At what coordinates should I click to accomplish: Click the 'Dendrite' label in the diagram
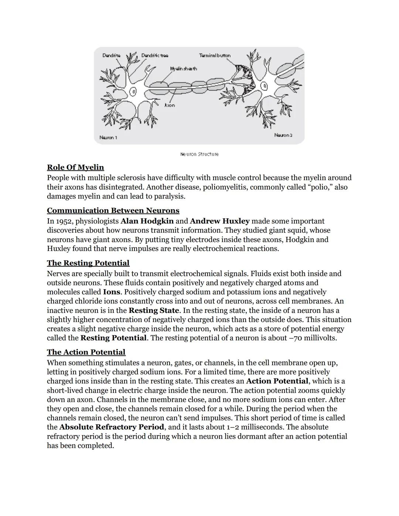pos(111,55)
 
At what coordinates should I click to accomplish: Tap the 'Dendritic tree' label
pos(154,55)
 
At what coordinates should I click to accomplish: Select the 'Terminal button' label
pos(215,55)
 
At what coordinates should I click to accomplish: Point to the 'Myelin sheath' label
pos(183,69)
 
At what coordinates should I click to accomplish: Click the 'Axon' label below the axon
pos(170,105)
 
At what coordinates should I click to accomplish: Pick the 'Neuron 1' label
pos(108,137)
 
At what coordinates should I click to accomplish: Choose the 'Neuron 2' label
pos(283,135)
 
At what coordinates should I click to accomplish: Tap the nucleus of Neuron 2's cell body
pos(264,86)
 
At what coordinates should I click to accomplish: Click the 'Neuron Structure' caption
pos(199,154)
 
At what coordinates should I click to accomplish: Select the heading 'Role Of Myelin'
pos(75,167)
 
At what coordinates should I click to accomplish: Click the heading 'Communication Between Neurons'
pos(113,211)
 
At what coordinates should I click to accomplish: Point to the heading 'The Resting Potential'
pos(88,263)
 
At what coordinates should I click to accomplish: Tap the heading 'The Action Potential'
pos(86,352)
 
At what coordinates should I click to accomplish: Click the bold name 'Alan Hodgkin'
pos(147,221)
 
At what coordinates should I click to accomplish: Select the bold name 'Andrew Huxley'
pos(220,221)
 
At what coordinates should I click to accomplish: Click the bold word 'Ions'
pos(111,292)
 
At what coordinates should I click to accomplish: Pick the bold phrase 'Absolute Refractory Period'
pos(112,427)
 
